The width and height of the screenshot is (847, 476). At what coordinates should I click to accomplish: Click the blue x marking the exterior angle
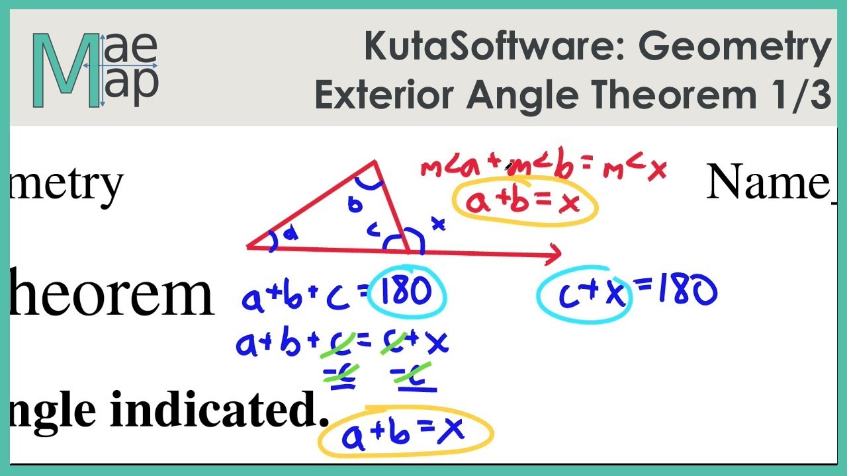point(438,225)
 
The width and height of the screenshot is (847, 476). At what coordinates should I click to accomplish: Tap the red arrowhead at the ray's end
point(555,252)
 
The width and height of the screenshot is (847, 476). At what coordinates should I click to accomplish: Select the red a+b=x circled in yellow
point(523,202)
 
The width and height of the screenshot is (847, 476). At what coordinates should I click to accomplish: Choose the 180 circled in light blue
point(408,292)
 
